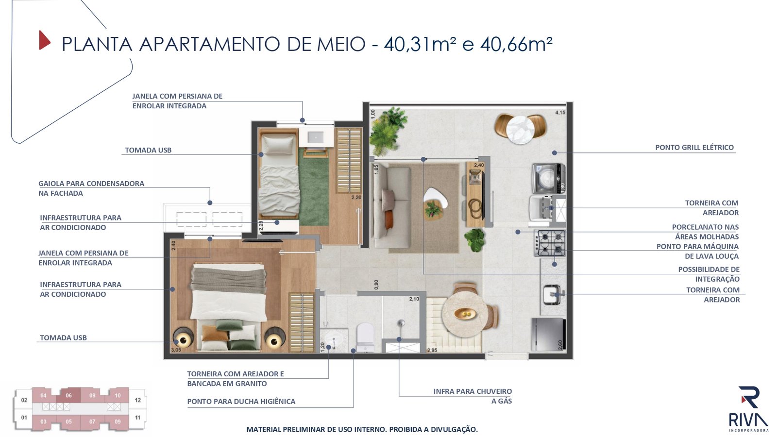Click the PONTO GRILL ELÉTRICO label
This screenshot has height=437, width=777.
(x=694, y=148)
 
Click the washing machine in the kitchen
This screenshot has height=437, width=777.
(x=548, y=178)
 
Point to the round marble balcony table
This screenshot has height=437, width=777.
(x=520, y=129)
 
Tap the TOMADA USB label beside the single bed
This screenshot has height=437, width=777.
(x=148, y=150)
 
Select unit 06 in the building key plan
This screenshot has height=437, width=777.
(x=68, y=395)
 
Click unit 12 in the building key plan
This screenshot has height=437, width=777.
(x=138, y=400)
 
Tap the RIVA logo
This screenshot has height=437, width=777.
(x=748, y=409)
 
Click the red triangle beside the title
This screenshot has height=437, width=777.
(x=44, y=41)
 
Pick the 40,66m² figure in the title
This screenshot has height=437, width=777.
(x=516, y=44)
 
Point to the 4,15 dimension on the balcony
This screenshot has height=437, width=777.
(x=560, y=112)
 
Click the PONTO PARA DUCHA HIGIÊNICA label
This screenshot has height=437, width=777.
(x=241, y=402)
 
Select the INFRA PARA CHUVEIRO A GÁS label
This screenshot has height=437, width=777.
(x=473, y=396)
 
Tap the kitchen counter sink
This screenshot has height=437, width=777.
(x=553, y=295)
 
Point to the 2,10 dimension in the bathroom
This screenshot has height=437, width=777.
(x=414, y=299)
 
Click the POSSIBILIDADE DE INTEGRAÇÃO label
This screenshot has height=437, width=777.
(x=709, y=274)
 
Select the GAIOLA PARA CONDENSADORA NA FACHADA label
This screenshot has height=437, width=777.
(x=91, y=188)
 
